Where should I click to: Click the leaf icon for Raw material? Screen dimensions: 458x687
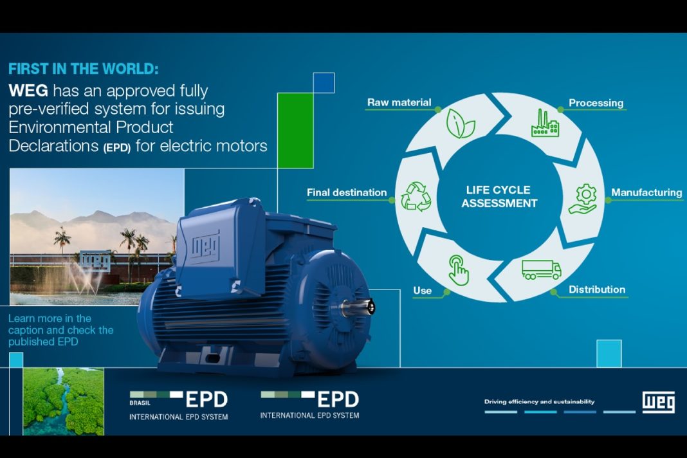[461, 122]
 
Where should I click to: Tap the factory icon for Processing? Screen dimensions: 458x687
[545, 123]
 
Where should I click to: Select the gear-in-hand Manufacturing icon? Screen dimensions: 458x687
[584, 198]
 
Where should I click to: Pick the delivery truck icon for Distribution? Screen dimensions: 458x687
[542, 270]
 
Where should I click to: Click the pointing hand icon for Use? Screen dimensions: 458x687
[458, 270]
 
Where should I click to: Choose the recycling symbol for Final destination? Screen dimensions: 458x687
[416, 197]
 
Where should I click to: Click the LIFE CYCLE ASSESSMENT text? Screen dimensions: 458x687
[499, 197]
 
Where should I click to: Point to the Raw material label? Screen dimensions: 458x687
[399, 102]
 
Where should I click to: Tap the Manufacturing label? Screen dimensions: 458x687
[646, 192]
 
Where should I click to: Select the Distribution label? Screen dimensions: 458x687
[597, 289]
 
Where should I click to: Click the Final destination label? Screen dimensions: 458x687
[347, 192]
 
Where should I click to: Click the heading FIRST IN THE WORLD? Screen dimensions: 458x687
[83, 69]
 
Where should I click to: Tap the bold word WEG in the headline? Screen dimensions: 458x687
[28, 89]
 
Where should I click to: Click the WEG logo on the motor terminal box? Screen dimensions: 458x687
[205, 244]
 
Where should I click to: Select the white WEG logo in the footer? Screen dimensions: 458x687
[659, 402]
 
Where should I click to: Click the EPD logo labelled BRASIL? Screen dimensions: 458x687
[179, 404]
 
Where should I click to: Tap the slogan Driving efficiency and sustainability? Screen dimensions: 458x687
[539, 402]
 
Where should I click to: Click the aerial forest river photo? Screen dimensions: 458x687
[63, 401]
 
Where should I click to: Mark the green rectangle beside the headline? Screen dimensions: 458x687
[295, 130]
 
